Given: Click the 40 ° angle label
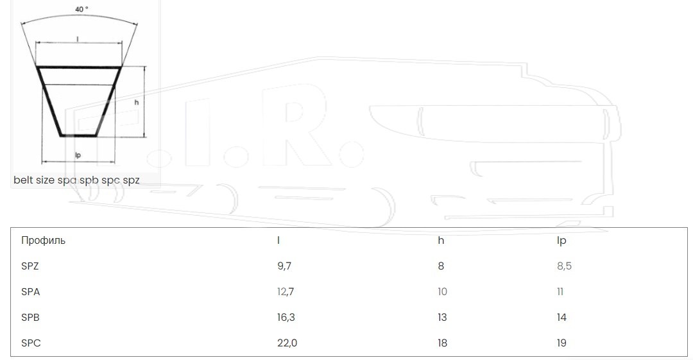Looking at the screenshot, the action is coord(81,9).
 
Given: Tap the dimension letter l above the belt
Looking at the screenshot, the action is coord(78,39).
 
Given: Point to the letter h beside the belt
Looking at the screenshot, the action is coord(137,102).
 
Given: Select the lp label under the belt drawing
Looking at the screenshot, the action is coord(78,155).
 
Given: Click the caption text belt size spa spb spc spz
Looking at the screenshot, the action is coord(76,180).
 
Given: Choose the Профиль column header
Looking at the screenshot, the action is coord(44,240).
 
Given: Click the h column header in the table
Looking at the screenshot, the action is coord(441,240).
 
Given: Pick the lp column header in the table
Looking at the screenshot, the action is coord(561,241).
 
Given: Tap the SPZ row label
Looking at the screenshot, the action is coord(30,266).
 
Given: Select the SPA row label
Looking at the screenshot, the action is coord(31,291).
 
